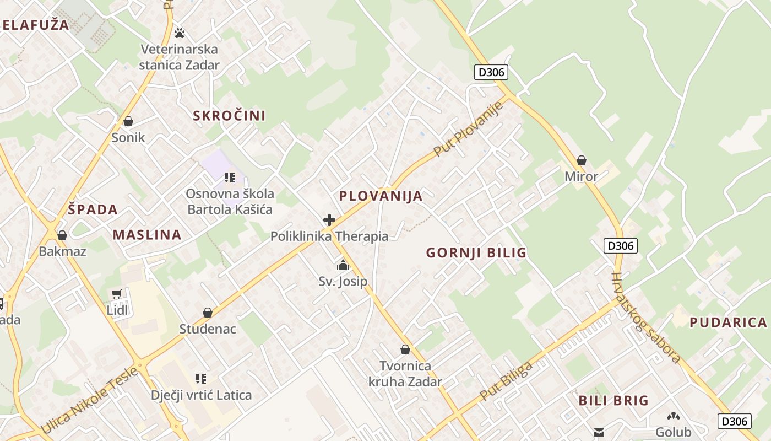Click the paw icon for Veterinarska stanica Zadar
180,33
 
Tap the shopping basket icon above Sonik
128,121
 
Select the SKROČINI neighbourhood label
229,116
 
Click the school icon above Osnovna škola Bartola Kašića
230,178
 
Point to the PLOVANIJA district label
381,196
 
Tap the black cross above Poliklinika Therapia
329,220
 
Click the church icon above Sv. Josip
343,266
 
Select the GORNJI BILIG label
476,253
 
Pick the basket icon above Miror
582,161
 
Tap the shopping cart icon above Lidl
116,294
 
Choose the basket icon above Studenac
208,313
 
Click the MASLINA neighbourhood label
147,235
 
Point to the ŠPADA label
93,209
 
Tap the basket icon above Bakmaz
62,236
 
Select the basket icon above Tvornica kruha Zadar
405,349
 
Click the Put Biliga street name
506,381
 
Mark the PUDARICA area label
728,322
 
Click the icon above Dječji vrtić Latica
201,379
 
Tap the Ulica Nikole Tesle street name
90,400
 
